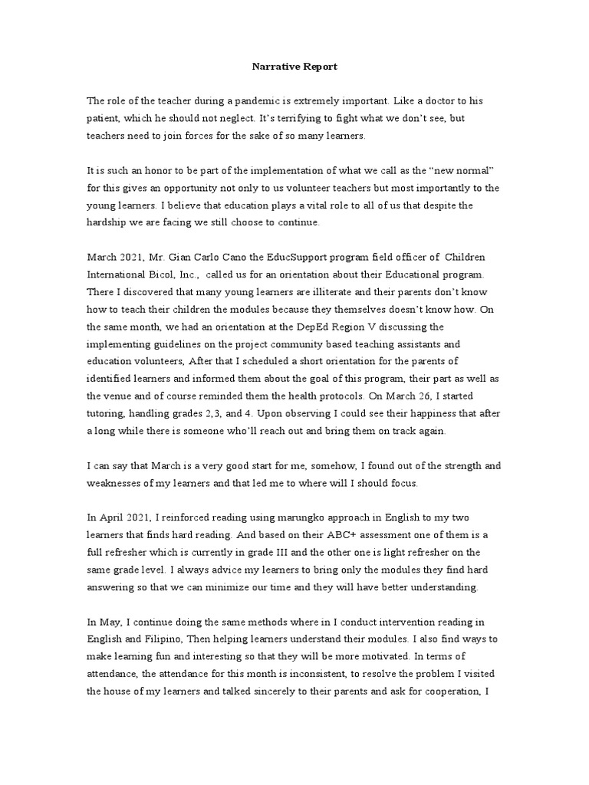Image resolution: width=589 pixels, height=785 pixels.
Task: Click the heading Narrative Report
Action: [x=294, y=67]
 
